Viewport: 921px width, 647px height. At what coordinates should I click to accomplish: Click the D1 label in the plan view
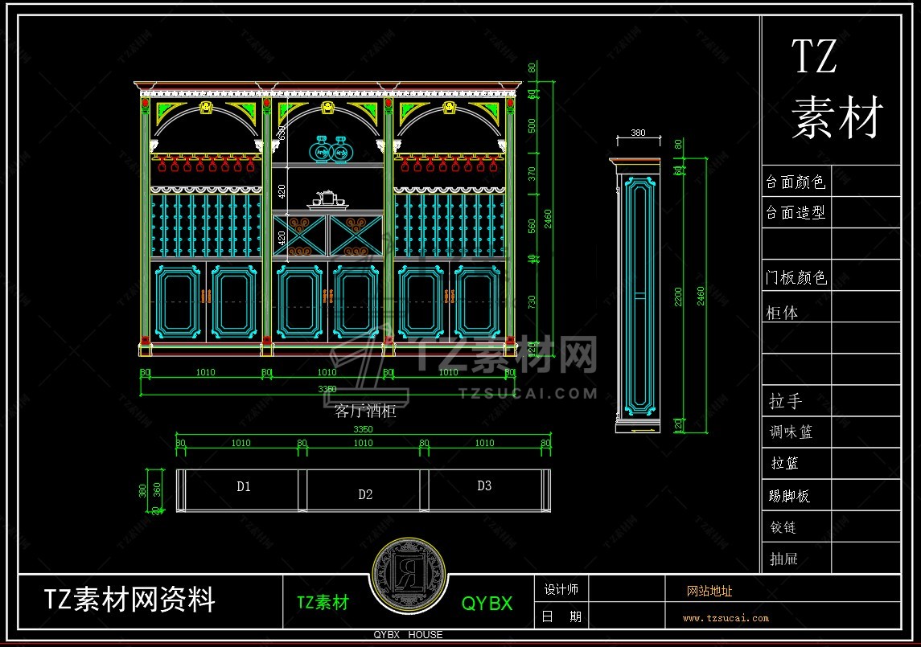244,486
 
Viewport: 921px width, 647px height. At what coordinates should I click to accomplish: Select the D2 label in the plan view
365,494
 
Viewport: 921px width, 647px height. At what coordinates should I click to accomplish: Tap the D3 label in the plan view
483,485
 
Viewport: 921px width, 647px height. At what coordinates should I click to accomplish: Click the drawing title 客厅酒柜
365,412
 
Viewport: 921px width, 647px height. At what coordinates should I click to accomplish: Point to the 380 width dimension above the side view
638,133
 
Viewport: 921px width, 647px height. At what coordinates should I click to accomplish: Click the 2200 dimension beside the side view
678,297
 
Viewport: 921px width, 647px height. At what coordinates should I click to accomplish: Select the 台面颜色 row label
795,182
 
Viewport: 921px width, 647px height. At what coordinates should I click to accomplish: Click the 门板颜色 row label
795,278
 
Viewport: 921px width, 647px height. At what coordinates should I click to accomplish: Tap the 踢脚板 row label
789,496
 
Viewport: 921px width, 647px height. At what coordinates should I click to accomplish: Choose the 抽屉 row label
784,559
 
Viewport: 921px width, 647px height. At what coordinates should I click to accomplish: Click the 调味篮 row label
791,432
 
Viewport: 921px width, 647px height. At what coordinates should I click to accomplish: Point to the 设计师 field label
561,589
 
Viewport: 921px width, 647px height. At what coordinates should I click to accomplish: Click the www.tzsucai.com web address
726,618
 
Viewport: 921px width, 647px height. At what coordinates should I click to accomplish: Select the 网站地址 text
709,592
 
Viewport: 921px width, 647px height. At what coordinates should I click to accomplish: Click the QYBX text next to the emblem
487,604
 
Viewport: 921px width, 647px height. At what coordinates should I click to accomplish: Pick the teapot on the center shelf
325,198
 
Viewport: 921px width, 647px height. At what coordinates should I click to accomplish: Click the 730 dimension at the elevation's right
532,302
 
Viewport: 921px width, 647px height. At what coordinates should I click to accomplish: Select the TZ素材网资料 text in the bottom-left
130,600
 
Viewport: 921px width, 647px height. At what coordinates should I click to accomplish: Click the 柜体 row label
781,313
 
